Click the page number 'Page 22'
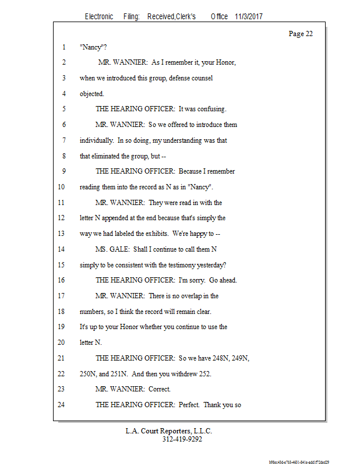point(301,34)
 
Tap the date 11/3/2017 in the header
point(249,17)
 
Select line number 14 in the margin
point(62,249)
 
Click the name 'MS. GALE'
point(111,249)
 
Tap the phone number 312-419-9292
point(182,440)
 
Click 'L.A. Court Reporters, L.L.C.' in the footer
point(168,431)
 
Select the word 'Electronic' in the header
point(99,17)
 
